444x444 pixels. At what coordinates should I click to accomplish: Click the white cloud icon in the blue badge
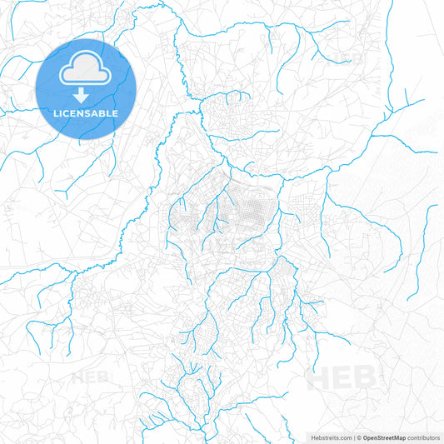tap(86, 71)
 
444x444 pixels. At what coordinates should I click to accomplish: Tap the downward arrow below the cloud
tap(86, 96)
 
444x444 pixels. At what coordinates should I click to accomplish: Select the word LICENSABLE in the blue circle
tap(86, 112)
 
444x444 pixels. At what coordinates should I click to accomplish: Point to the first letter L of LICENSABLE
tap(56, 112)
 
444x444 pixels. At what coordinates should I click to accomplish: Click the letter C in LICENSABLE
tap(67, 112)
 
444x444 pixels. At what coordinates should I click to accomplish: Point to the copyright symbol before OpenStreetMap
tap(359, 437)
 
